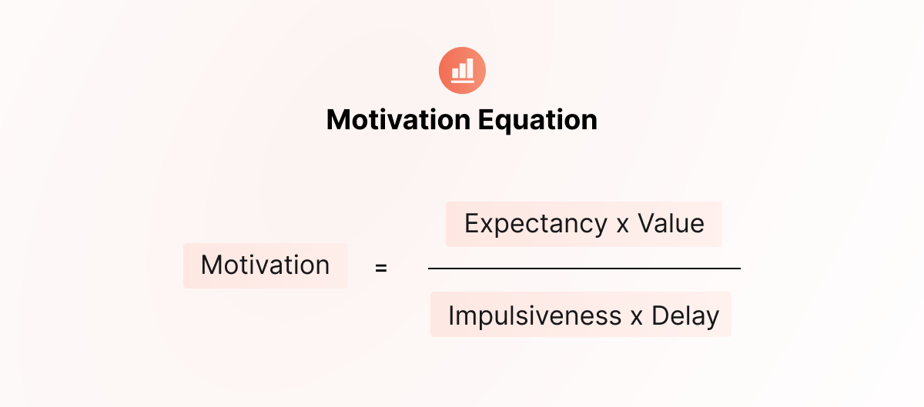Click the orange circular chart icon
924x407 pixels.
pos(462,71)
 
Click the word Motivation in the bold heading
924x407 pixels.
pos(399,120)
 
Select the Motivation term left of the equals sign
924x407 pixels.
pos(265,265)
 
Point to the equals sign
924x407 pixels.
pos(380,268)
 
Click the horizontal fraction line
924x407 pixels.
pos(584,269)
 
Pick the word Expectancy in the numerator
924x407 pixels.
pos(536,225)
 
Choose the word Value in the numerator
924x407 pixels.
pos(671,223)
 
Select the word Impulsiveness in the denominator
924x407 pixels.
pos(534,317)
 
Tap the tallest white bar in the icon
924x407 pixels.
pos(470,68)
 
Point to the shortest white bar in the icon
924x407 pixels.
pos(455,73)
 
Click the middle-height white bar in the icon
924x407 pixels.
pos(463,71)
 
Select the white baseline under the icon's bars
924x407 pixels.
pos(463,82)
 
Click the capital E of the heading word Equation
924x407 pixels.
pos(486,120)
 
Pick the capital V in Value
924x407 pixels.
pos(648,223)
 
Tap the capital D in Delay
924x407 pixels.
pos(661,316)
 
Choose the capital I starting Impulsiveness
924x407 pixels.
pos(451,316)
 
